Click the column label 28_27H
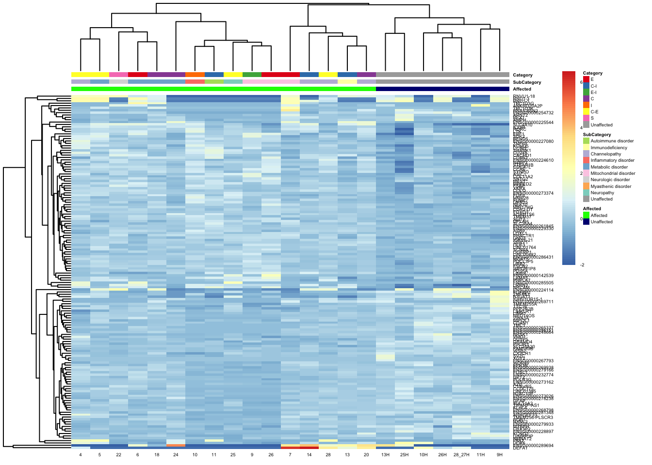(461, 455)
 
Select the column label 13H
(385, 455)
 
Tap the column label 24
(176, 455)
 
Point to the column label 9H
(500, 455)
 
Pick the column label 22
(118, 455)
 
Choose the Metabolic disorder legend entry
(609, 167)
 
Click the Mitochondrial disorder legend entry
(613, 173)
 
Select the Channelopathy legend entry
(605, 154)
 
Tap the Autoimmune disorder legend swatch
(586, 141)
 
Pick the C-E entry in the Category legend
(594, 112)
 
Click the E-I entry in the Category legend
(593, 93)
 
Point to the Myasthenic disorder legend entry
(611, 186)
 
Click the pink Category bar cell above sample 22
(118, 75)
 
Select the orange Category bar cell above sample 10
(195, 75)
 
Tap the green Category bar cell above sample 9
(252, 75)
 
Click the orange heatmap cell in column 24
(176, 445)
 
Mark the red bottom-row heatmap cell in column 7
(290, 448)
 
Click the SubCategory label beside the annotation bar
(527, 82)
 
